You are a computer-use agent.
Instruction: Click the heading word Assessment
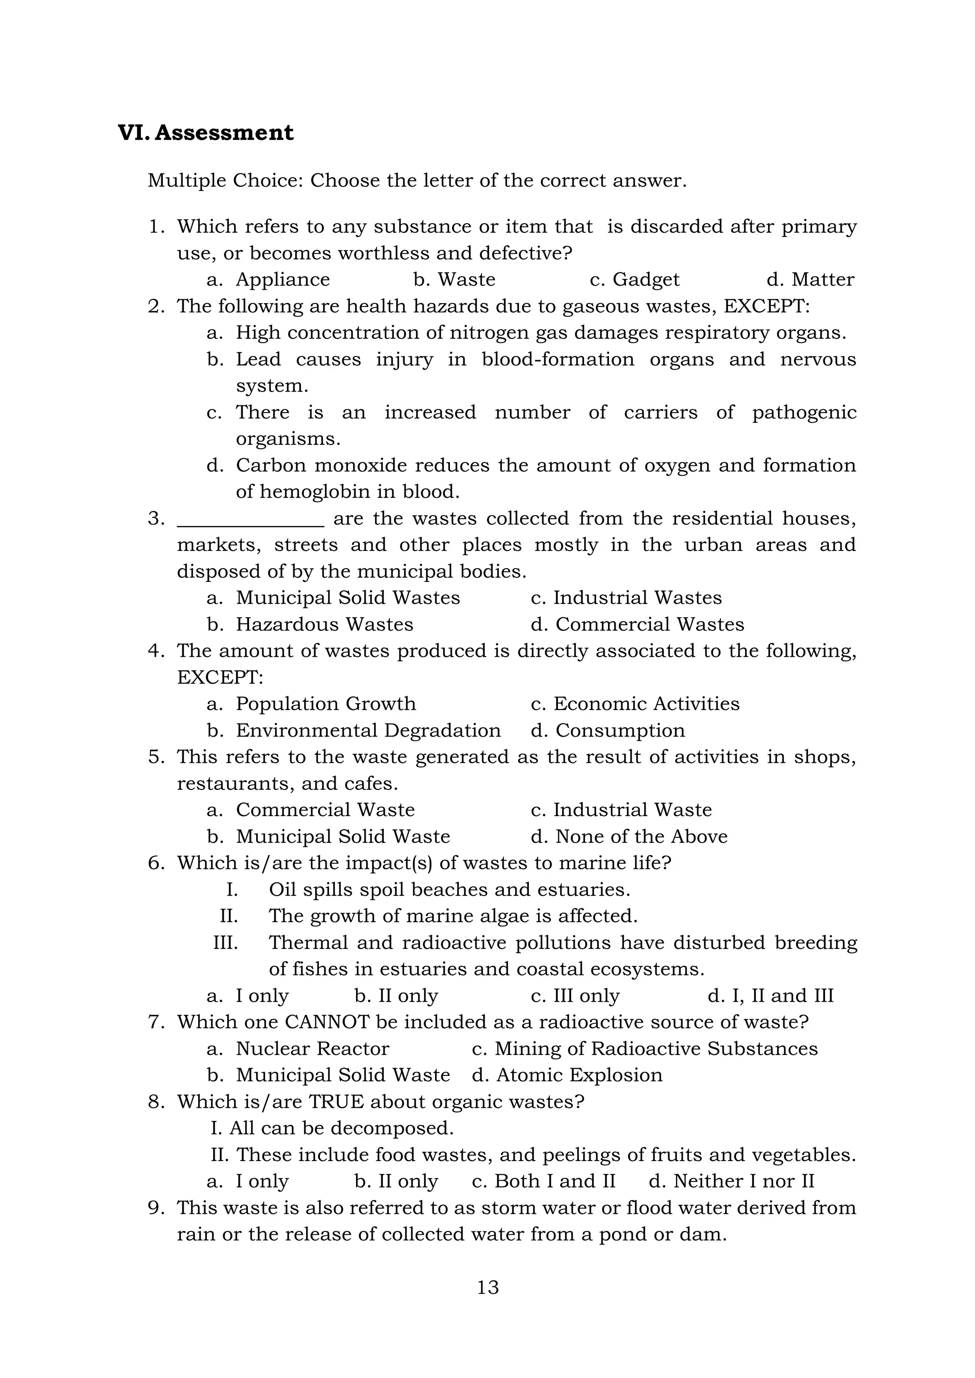click(224, 133)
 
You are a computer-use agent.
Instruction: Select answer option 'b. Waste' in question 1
click(455, 280)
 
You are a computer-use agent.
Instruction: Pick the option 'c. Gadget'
click(635, 280)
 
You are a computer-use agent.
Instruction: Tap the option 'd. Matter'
click(810, 280)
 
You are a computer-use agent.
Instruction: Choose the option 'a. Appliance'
click(269, 280)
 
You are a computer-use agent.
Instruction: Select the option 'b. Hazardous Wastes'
click(310, 624)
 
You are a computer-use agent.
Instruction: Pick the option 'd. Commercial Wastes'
click(637, 624)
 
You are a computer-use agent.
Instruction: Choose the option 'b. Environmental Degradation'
click(354, 730)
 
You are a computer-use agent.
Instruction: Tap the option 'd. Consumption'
click(607, 730)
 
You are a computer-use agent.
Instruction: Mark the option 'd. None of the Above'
click(628, 837)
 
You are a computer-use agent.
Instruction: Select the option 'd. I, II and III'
click(770, 996)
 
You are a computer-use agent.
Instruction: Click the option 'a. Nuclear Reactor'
click(298, 1049)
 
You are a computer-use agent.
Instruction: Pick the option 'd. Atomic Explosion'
click(567, 1075)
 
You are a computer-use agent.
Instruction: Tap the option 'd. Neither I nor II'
click(731, 1181)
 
